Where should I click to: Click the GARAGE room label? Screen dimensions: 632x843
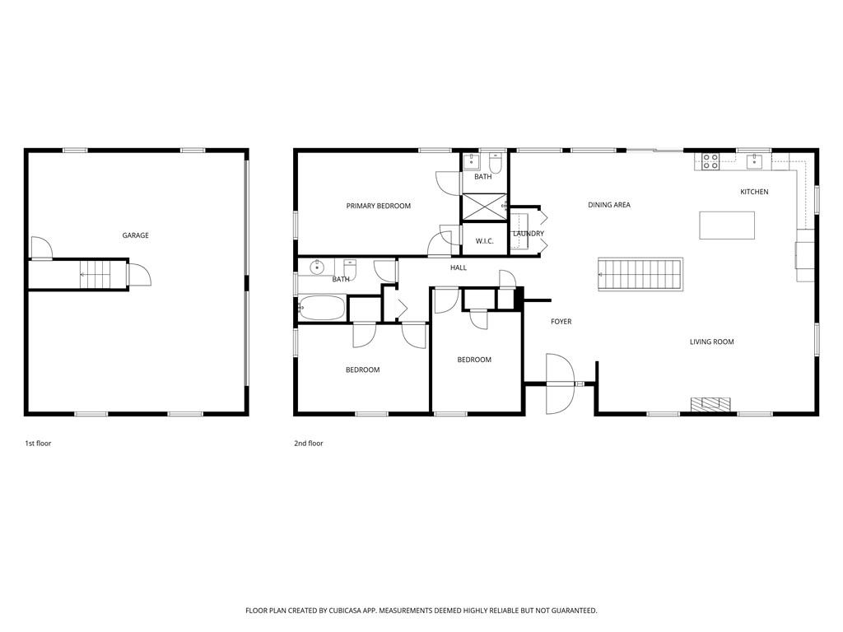pos(136,235)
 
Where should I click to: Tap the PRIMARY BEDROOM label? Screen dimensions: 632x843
pos(378,206)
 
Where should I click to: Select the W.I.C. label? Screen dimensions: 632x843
pos(483,241)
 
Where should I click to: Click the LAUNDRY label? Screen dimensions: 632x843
pos(528,234)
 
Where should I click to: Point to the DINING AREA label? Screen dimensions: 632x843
pos(609,205)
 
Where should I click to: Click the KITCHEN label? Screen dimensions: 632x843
pos(754,192)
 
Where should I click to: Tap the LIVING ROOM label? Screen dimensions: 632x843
pos(711,342)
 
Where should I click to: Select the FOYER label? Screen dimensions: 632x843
pos(561,322)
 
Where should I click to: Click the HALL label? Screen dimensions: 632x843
pos(459,267)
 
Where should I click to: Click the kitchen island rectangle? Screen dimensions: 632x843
pos(726,225)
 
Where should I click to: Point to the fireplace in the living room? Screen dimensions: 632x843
pos(710,404)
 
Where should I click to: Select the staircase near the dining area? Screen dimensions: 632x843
pos(640,273)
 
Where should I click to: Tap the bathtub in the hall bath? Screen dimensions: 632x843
pos(322,309)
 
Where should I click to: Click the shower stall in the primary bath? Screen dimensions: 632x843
pos(482,206)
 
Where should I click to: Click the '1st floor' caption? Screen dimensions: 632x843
pos(38,444)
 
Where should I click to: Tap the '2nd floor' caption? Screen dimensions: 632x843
pos(309,444)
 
